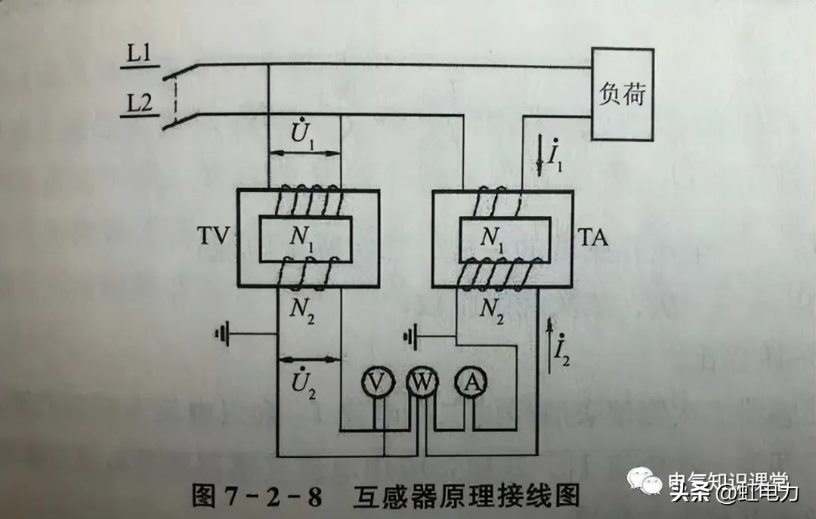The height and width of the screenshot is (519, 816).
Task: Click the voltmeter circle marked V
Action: [374, 384]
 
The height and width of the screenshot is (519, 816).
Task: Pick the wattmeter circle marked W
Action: [421, 384]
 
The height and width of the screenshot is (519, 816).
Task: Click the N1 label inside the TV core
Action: [304, 239]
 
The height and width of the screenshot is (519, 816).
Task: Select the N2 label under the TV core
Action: [305, 310]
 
